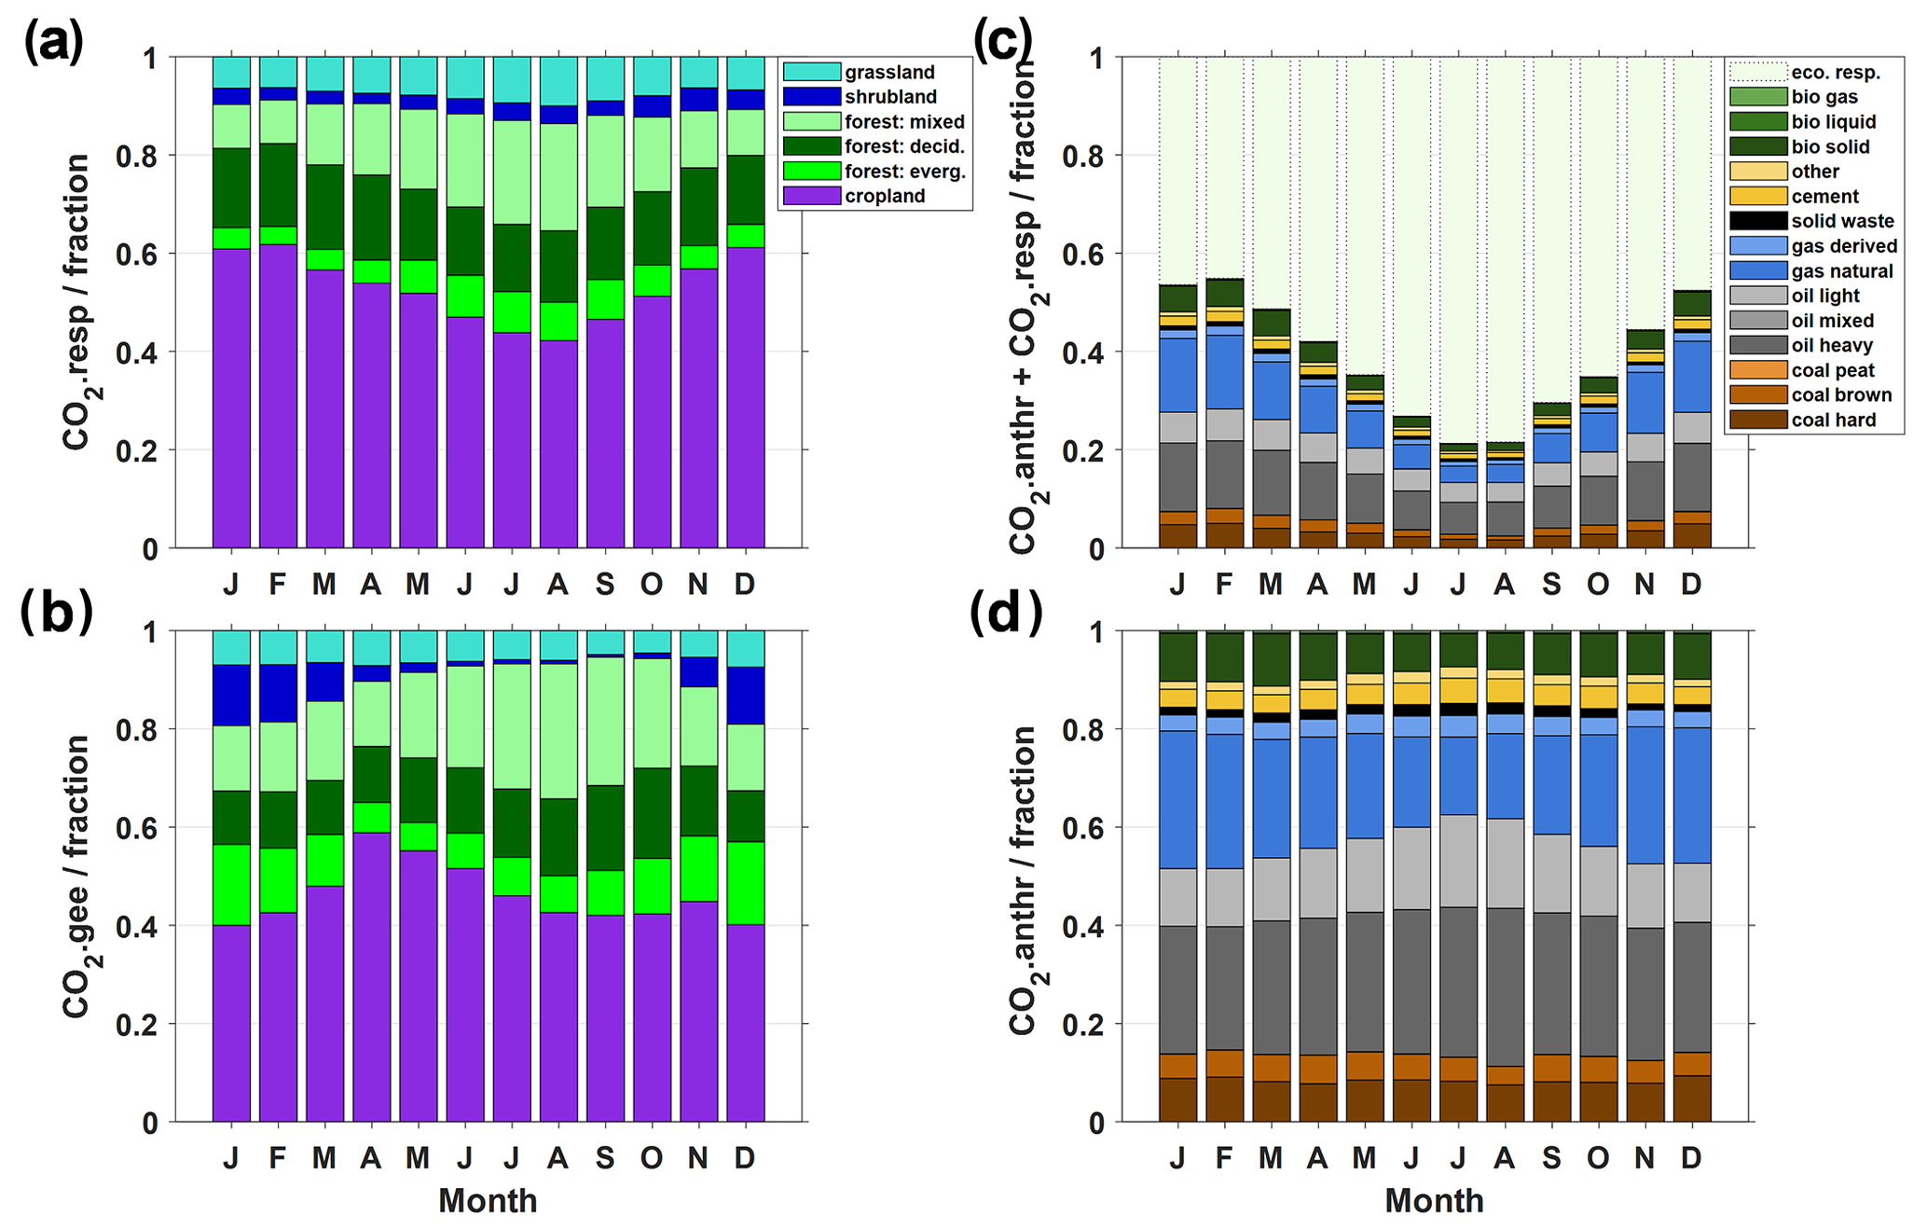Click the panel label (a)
[54, 43]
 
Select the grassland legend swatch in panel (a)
[811, 72]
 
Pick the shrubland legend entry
[890, 97]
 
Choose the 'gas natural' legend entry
[1841, 271]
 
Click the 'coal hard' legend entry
[1833, 421]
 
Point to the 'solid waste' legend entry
[1842, 221]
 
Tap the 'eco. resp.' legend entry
[1835, 73]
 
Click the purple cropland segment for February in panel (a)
[278, 396]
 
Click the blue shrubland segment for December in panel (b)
[746, 696]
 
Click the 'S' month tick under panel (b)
[604, 1158]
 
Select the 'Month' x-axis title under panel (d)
[1434, 1200]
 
